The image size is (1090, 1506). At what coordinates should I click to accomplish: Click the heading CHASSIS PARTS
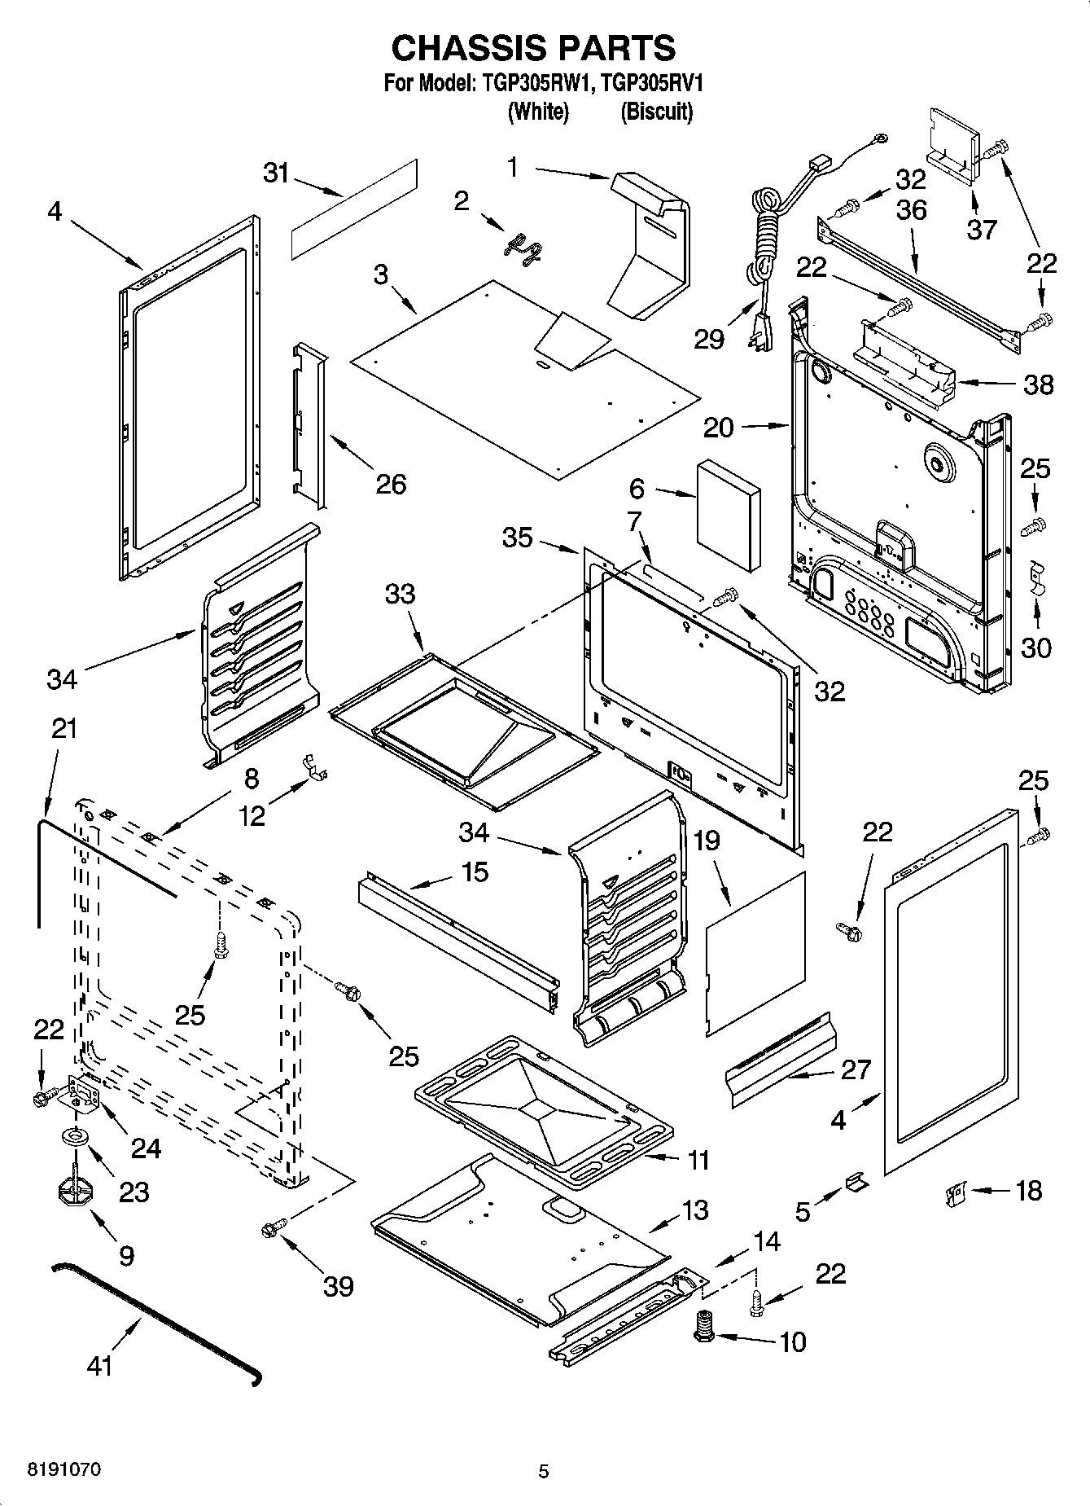(x=533, y=48)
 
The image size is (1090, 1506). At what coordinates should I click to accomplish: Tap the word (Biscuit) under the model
(x=656, y=112)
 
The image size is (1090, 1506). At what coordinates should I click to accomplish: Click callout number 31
(x=276, y=173)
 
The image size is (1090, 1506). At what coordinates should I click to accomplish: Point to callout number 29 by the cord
(x=708, y=339)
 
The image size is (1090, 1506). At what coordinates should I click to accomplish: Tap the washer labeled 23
(x=74, y=1137)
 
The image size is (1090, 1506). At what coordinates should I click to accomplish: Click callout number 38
(x=1039, y=384)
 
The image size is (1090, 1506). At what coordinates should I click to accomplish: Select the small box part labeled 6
(x=729, y=513)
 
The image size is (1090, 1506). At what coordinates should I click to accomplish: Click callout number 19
(x=707, y=840)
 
